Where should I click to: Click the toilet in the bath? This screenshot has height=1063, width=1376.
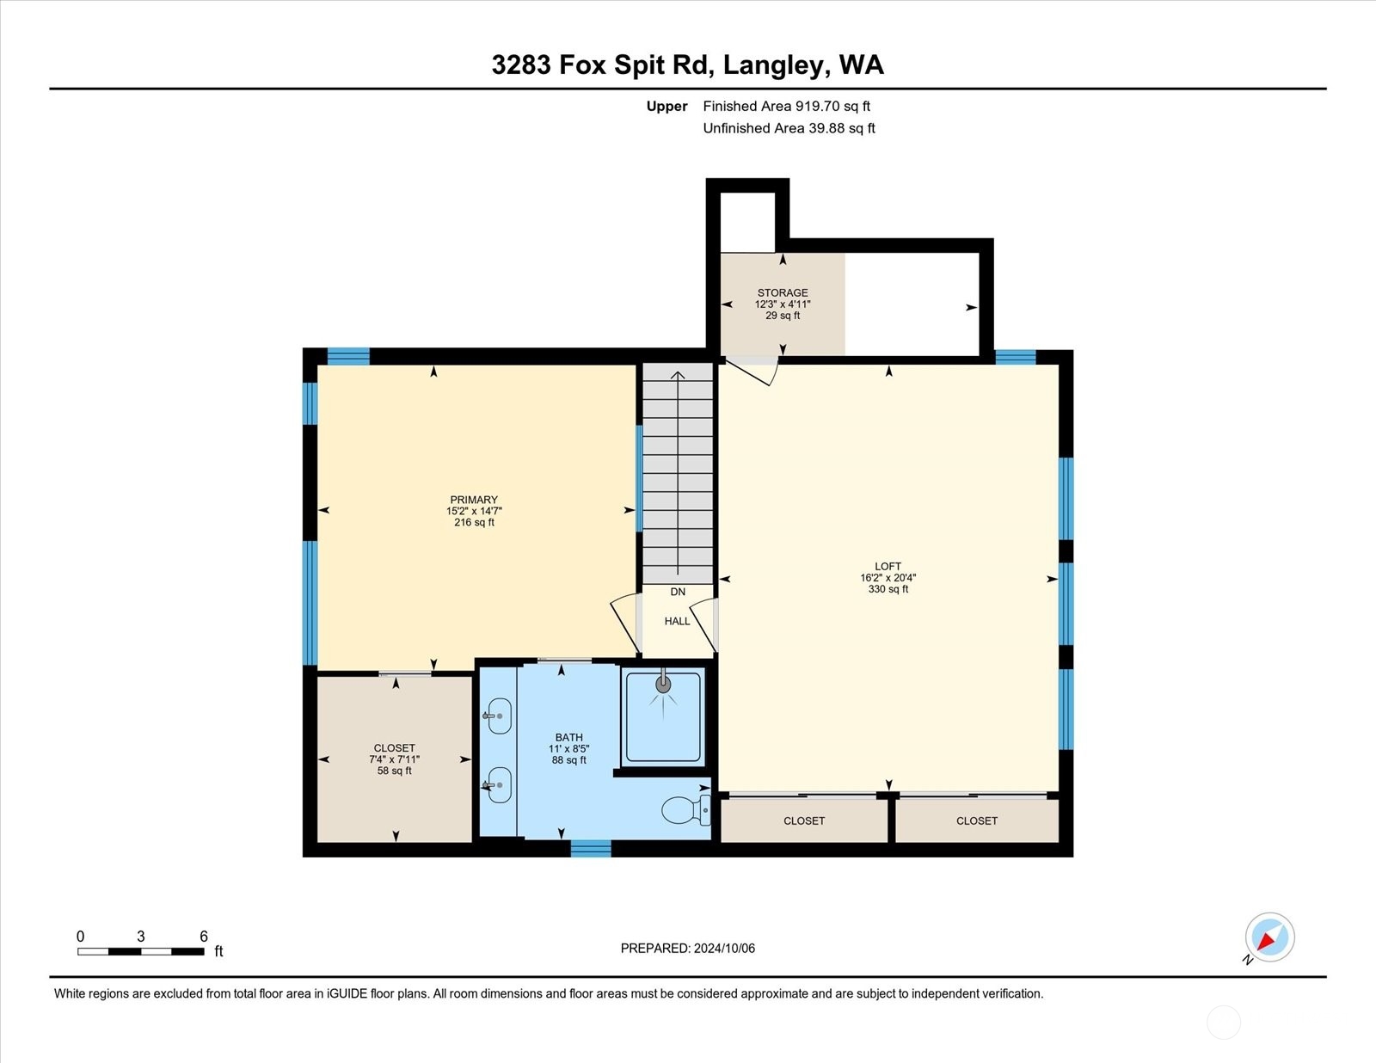pos(684,810)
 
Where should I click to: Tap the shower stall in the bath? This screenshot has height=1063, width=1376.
pos(663,717)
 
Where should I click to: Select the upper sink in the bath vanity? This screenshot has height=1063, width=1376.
pos(499,716)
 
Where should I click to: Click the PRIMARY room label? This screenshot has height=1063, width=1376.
pos(474,500)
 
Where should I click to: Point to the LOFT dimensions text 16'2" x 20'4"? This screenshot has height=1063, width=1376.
pos(888,578)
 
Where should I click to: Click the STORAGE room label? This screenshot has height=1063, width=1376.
pos(783,292)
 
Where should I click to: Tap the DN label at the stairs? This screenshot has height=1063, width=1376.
pos(678,592)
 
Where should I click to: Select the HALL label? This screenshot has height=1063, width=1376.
pos(677,621)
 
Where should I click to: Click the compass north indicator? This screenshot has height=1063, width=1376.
pos(1269,937)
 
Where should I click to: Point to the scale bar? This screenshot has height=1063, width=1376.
pos(140,951)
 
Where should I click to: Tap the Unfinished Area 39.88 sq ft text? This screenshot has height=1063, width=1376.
pos(789,128)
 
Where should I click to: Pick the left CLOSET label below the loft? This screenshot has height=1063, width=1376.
pos(804,820)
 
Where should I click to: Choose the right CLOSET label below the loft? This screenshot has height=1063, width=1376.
pos(977,820)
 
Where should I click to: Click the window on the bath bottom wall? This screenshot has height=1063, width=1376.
pos(591,849)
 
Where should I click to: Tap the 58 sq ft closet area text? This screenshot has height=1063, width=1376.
pos(394,771)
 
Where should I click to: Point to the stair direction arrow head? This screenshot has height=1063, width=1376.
pos(678,375)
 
